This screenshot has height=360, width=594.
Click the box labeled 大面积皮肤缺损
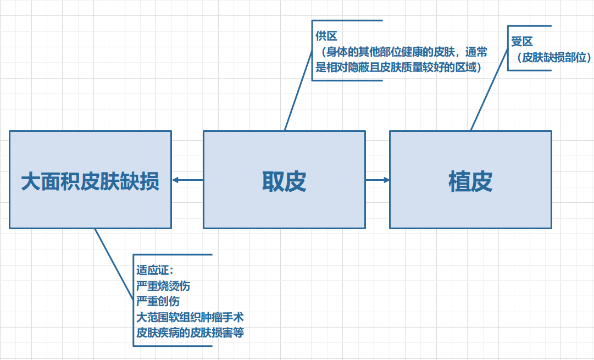(x=90, y=180)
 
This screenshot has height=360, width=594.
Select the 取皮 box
(x=284, y=180)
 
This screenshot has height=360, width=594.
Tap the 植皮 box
(x=470, y=180)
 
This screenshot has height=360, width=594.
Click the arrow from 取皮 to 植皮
(x=378, y=180)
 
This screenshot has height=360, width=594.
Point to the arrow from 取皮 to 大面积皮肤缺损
(x=187, y=180)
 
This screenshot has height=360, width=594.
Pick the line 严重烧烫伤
(x=164, y=286)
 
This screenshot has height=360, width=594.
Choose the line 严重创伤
(x=158, y=301)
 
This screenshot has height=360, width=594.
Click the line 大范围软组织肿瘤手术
(x=190, y=317)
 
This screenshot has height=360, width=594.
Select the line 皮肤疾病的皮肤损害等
(x=190, y=333)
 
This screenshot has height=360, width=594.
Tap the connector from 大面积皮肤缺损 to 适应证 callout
(x=114, y=269)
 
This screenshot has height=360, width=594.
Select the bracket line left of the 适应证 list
(x=134, y=300)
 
